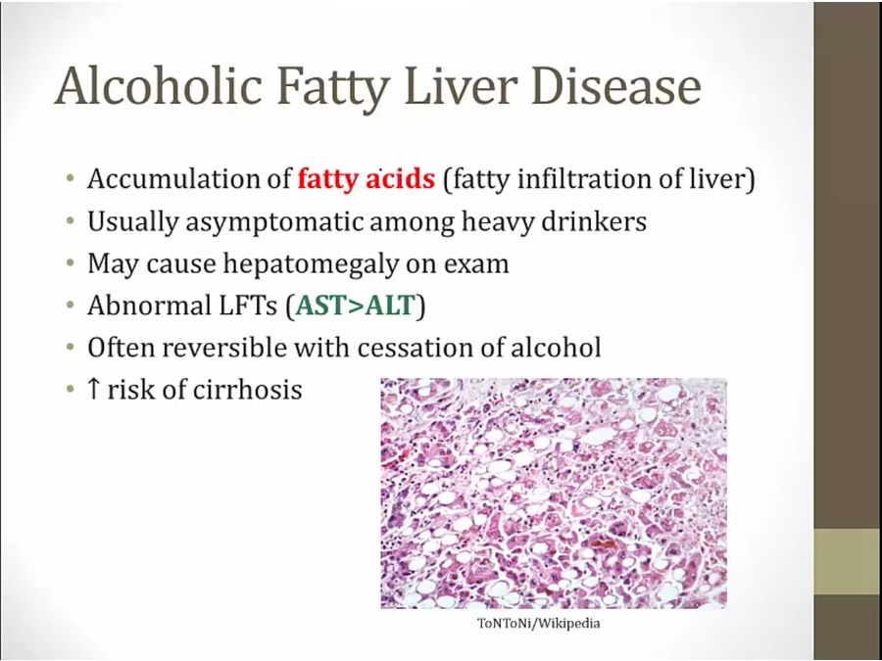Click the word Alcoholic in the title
coord(158,86)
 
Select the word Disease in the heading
coord(616,86)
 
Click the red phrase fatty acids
coord(367,179)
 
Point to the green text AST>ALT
coord(355,306)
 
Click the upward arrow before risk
coord(94,389)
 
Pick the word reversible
coord(224,348)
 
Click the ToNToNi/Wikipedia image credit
coord(538,624)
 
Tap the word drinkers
coord(594,221)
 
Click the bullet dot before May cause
coord(70,263)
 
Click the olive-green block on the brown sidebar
coord(848,561)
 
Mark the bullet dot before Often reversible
coord(70,347)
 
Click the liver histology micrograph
coord(554,494)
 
